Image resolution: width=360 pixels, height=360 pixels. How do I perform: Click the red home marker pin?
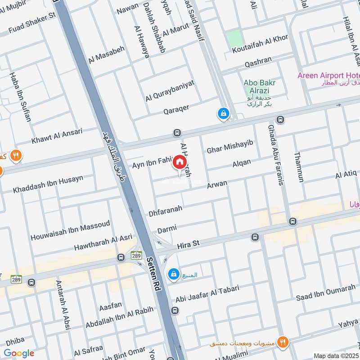(x=179, y=162)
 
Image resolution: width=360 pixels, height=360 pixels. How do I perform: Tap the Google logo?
(x=19, y=353)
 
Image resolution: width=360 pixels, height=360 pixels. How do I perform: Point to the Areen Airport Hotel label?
(x=328, y=75)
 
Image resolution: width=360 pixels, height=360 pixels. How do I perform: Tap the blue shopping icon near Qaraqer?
(x=223, y=114)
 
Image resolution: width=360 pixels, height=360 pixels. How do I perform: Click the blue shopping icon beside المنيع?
(x=173, y=274)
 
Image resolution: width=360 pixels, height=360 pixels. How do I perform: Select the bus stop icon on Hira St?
(x=255, y=237)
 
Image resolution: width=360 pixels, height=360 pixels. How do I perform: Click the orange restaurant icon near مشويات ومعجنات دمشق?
(x=283, y=342)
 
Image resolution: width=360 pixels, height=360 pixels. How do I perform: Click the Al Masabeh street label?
(x=107, y=54)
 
